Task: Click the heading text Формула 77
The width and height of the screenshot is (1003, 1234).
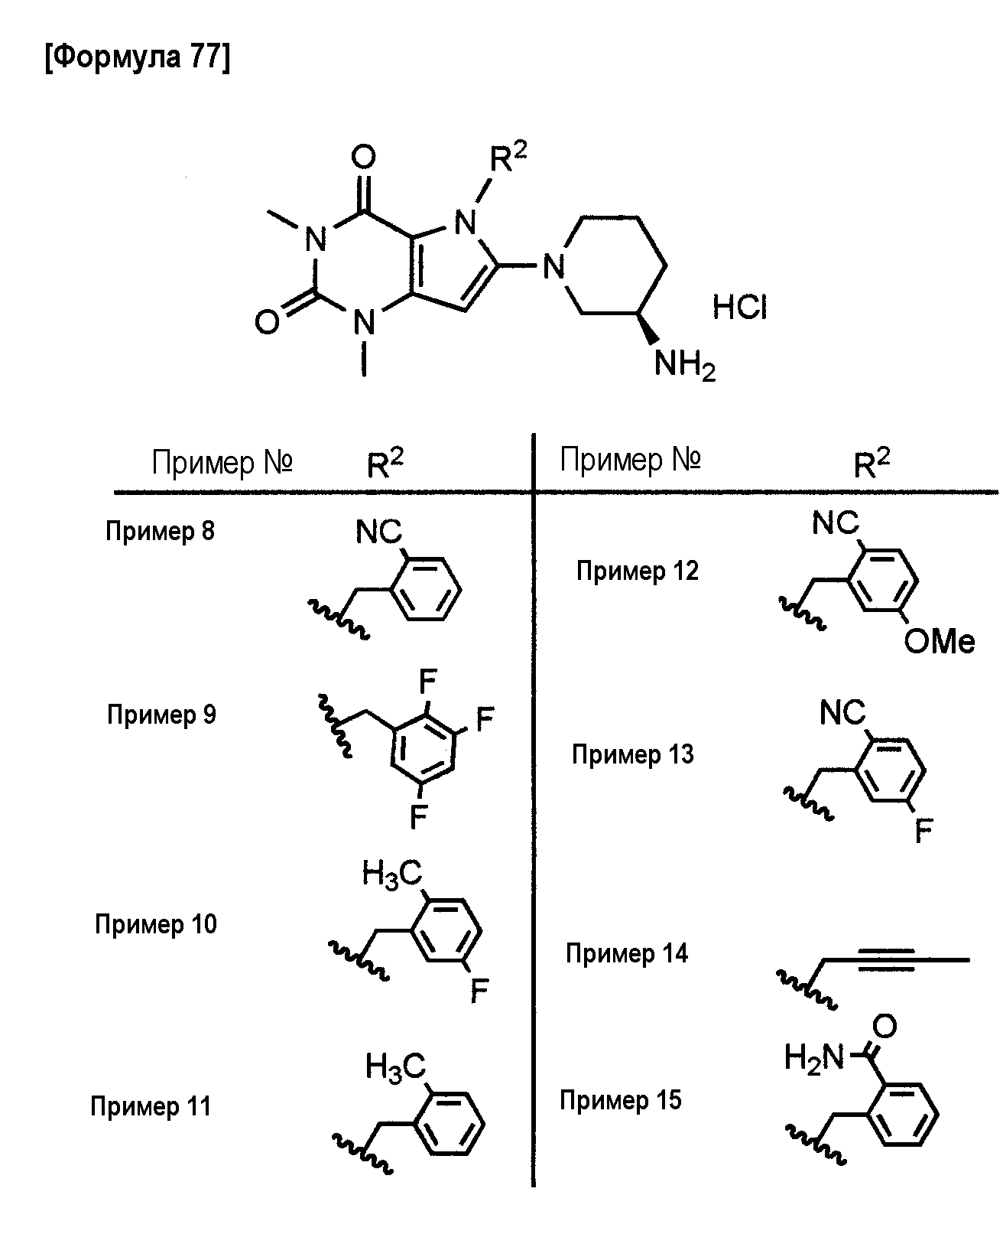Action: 137,57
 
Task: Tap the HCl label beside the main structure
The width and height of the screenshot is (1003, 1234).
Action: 740,307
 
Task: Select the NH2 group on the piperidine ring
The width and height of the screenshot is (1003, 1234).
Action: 685,365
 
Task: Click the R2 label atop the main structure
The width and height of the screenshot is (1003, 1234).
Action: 508,157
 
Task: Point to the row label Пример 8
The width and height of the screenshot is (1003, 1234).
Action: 160,531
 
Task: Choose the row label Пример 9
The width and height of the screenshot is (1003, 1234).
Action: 161,715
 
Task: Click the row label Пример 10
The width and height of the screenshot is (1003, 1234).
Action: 156,924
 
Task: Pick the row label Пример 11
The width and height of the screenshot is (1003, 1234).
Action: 151,1106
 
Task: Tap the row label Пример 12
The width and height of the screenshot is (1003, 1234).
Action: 638,571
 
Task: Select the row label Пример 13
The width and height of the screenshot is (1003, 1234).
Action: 632,754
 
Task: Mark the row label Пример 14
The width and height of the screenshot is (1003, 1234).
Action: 627,953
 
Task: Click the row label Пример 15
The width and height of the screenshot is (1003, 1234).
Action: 621,1100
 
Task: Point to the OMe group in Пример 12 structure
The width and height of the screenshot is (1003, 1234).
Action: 940,642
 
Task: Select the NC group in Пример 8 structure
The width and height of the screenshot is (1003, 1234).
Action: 378,531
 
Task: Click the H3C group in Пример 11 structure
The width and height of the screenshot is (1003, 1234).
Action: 395,1067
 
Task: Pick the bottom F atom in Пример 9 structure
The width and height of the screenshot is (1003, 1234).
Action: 418,816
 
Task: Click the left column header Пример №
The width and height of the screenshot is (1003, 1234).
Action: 222,462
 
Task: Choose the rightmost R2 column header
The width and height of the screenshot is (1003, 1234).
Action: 872,463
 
